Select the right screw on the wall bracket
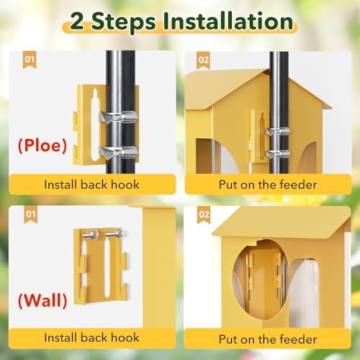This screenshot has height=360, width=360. pos(117,233)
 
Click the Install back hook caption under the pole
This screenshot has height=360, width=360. pos(91,184)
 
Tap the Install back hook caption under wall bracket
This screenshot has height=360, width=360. pos(91,337)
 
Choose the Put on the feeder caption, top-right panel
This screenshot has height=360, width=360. pos(266,184)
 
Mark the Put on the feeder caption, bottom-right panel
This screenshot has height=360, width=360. pos(266,337)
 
